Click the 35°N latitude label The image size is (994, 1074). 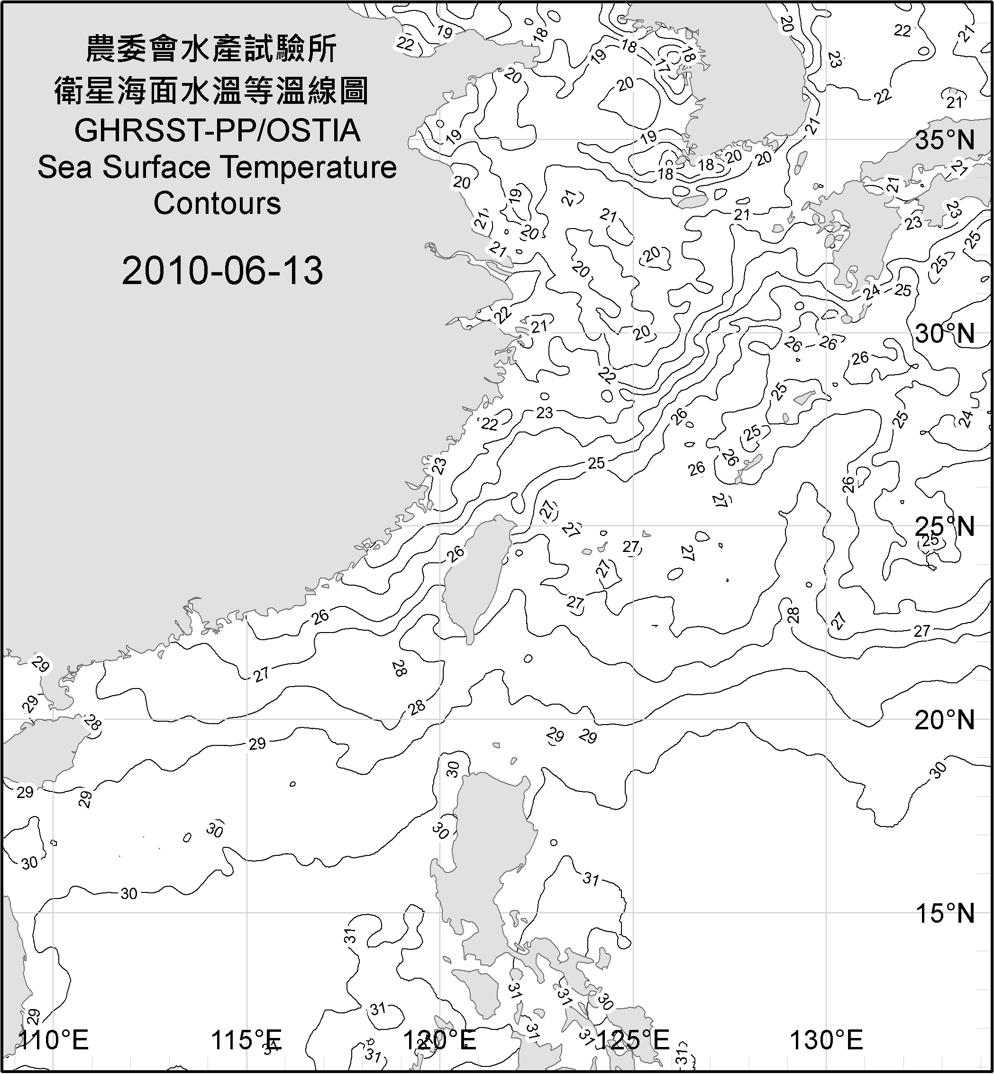pyautogui.click(x=945, y=140)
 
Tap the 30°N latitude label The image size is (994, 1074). pyautogui.click(x=945, y=334)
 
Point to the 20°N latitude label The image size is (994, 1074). pyautogui.click(x=945, y=720)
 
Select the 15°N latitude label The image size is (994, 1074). pyautogui.click(x=945, y=913)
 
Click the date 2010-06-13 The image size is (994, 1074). pyautogui.click(x=222, y=270)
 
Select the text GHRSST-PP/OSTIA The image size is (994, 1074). pyautogui.click(x=217, y=131)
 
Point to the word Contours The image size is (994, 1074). pyautogui.click(x=217, y=203)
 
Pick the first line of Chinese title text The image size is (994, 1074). pyautogui.click(x=211, y=49)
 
